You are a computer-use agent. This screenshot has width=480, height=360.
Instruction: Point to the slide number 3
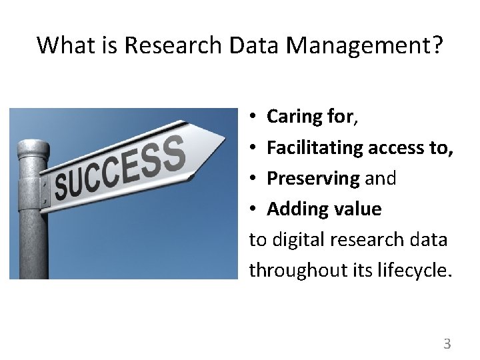[447, 344]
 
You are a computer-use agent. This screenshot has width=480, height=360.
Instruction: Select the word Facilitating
[315, 147]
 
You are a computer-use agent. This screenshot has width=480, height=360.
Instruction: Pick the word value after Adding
[357, 209]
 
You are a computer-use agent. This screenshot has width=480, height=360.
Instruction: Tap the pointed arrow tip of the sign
[223, 139]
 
